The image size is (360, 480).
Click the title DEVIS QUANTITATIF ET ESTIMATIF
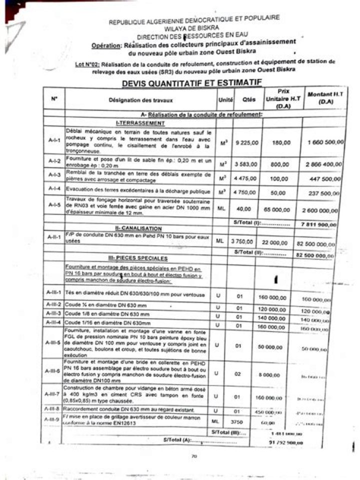tap(191, 82)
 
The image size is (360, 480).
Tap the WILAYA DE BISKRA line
tap(194, 29)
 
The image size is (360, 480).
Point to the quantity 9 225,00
tap(247, 142)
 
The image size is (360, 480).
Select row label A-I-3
tap(54, 174)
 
